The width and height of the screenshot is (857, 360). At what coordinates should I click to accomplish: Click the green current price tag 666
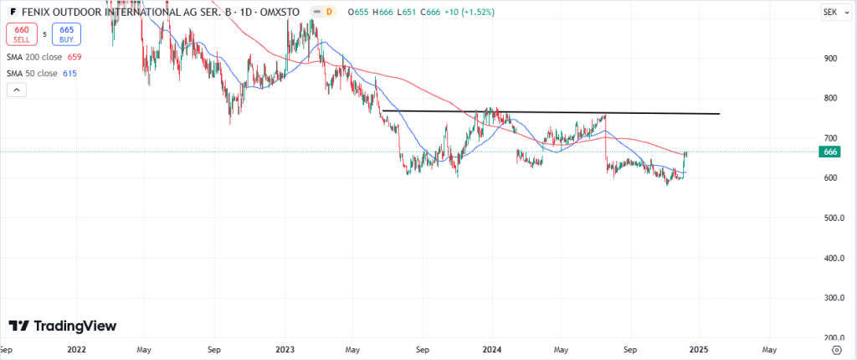point(830,152)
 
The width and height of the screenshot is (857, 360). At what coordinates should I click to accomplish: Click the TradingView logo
point(63,326)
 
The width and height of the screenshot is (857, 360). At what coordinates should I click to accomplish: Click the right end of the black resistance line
point(718,113)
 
